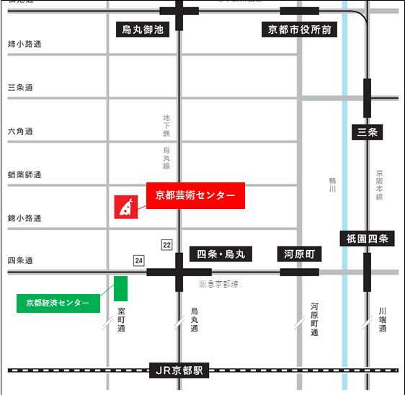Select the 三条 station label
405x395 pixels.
pyautogui.click(x=367, y=132)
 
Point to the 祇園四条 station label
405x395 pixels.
pyautogui.click(x=367, y=239)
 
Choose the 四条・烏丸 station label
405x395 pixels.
pyautogui.click(x=221, y=254)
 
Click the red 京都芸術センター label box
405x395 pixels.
pyautogui.click(x=195, y=195)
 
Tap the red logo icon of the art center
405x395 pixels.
pyautogui.click(x=126, y=207)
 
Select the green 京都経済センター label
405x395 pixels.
pyautogui.click(x=58, y=303)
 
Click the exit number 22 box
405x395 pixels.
pyautogui.click(x=167, y=245)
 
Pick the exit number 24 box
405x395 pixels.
pyautogui.click(x=138, y=260)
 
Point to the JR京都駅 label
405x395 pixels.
pyautogui.click(x=179, y=370)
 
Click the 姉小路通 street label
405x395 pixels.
pyautogui.click(x=25, y=45)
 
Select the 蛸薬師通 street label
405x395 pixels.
pyautogui.click(x=25, y=174)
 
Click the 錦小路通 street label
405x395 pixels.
pyautogui.click(x=25, y=218)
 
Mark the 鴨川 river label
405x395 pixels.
pyautogui.click(x=332, y=184)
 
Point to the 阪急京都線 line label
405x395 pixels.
pyautogui.click(x=218, y=284)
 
